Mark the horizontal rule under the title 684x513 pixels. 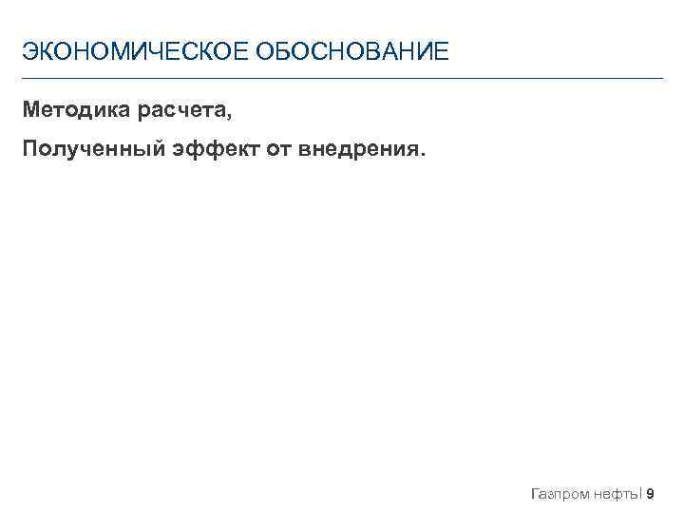[342, 78]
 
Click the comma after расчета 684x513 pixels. [229, 117]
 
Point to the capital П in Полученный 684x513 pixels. [31, 149]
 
